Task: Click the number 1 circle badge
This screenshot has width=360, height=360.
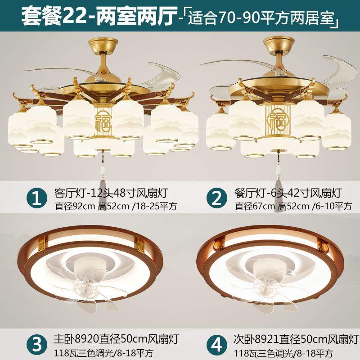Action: [37, 198]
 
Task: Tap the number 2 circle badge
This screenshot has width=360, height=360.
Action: [217, 198]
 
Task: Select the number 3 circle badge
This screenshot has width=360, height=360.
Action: [37, 344]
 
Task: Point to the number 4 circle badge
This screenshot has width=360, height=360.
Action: [217, 344]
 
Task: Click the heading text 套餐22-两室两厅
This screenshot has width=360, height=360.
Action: [99, 16]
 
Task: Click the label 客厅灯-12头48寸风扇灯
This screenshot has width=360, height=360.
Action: [111, 193]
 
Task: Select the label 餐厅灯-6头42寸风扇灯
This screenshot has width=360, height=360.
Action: [288, 193]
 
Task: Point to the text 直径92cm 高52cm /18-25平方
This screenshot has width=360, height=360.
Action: [116, 206]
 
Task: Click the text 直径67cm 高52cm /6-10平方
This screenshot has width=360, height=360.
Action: [293, 206]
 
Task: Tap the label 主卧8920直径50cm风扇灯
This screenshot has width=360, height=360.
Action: [116, 339]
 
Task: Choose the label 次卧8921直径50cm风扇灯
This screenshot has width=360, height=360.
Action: [296, 339]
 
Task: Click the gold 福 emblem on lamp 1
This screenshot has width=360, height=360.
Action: [103, 121]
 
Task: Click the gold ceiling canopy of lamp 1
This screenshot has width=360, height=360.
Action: [103, 45]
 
